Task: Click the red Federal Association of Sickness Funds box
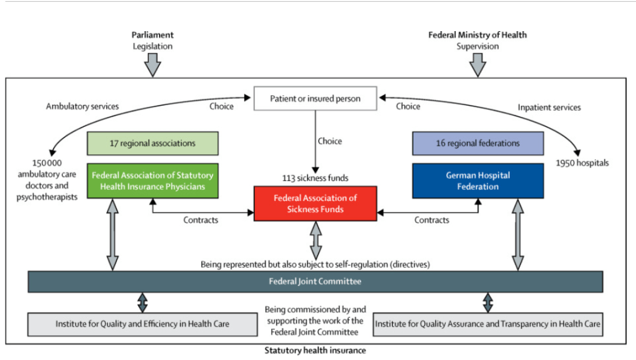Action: click(315, 203)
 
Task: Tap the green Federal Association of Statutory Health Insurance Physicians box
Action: click(152, 181)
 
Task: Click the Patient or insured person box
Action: click(315, 98)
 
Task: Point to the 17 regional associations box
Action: click(152, 143)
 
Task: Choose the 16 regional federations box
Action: click(477, 143)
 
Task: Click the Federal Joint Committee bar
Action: click(315, 281)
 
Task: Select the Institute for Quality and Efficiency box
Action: click(142, 323)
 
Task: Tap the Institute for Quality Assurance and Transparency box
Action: click(487, 323)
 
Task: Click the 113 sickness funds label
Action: click(315, 178)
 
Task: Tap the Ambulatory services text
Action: click(82, 106)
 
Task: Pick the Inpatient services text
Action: click(549, 108)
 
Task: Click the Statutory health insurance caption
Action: click(315, 350)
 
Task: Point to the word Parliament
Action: click(152, 35)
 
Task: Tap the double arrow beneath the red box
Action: click(316, 236)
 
